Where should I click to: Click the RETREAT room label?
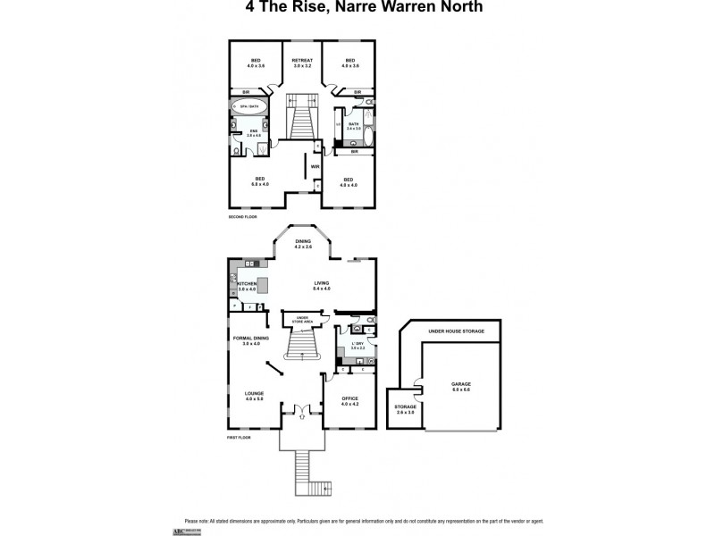301,63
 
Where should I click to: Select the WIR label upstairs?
315,166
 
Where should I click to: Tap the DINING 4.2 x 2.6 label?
303,244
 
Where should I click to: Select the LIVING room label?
322,286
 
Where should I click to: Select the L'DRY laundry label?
357,346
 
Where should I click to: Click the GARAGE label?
460,385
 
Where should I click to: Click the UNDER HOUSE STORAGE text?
456,331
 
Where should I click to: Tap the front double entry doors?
301,412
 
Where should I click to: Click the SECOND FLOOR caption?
241,217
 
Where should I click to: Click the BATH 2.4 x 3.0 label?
354,126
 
